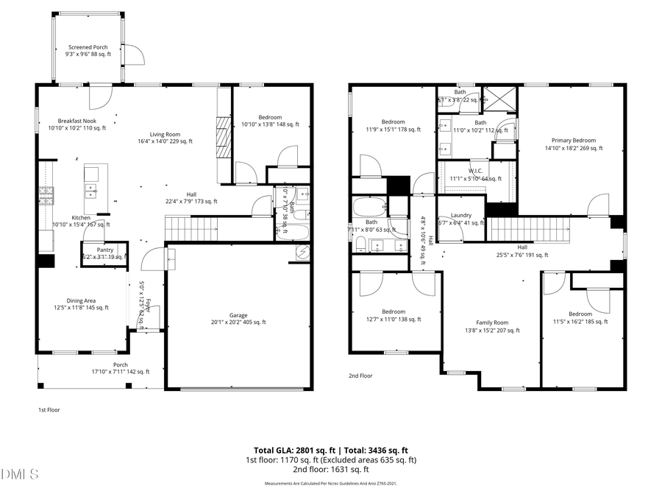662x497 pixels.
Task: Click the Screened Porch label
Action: [x=88, y=47]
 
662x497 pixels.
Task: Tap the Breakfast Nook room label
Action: [x=76, y=121]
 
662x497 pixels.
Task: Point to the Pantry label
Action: [x=104, y=250]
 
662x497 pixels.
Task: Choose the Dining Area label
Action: [x=81, y=300]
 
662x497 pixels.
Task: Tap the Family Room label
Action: [x=492, y=322]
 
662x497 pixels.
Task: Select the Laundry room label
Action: [x=460, y=216]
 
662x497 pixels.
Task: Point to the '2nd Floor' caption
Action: [x=360, y=376]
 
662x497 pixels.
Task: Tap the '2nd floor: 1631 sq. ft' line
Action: [x=330, y=469]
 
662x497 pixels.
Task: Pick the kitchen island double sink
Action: [x=92, y=191]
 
